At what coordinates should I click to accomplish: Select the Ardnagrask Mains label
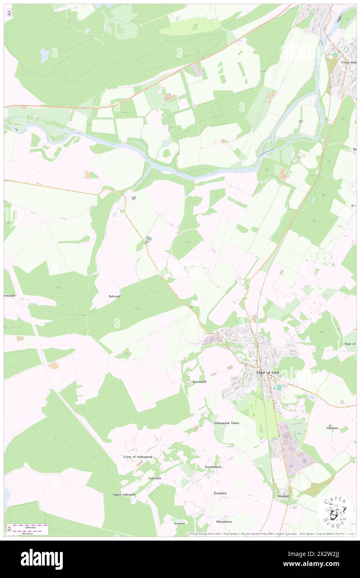(x=227, y=422)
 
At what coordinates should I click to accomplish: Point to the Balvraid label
(x=112, y=296)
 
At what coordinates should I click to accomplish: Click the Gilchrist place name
(x=333, y=427)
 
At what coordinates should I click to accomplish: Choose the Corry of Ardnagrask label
(x=138, y=457)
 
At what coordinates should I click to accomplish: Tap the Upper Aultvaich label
(x=124, y=494)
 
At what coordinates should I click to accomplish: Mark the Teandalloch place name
(x=213, y=467)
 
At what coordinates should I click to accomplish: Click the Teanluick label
(x=220, y=493)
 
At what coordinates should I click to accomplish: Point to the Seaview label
(x=180, y=523)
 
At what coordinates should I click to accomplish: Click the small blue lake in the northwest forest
(x=44, y=54)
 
